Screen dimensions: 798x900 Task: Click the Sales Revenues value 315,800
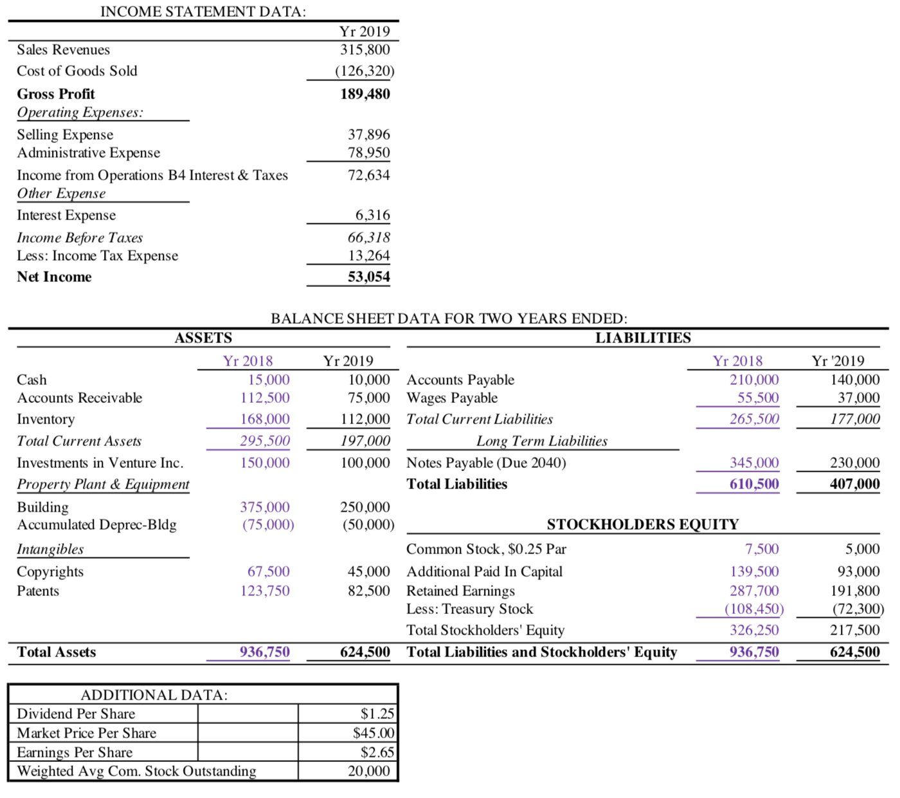364,50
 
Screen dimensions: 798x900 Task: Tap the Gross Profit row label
56,94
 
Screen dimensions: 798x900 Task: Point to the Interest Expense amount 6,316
372,215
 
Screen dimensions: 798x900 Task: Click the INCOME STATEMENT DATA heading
203,12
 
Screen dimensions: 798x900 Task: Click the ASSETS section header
203,338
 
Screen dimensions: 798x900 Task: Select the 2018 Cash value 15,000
269,380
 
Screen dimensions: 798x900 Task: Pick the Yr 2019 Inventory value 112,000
364,419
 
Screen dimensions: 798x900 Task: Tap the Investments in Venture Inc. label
100,463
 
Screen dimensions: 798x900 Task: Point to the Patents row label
38,591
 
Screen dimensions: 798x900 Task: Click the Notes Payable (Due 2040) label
486,463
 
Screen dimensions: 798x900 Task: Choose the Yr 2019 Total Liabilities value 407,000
854,484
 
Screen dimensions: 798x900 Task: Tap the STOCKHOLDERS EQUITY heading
642,524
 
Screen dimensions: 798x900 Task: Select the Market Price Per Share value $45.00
373,733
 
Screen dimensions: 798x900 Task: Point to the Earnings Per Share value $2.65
377,752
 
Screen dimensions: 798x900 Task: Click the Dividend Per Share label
76,714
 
